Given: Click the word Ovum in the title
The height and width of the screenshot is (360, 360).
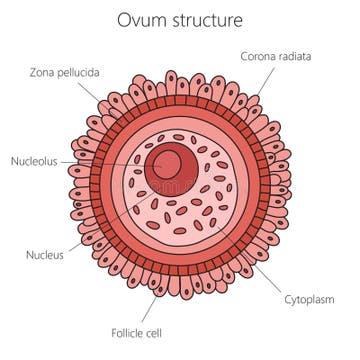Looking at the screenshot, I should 140,20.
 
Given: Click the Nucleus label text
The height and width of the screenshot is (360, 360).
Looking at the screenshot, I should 44,254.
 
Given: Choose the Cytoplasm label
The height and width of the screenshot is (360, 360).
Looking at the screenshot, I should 310,298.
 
